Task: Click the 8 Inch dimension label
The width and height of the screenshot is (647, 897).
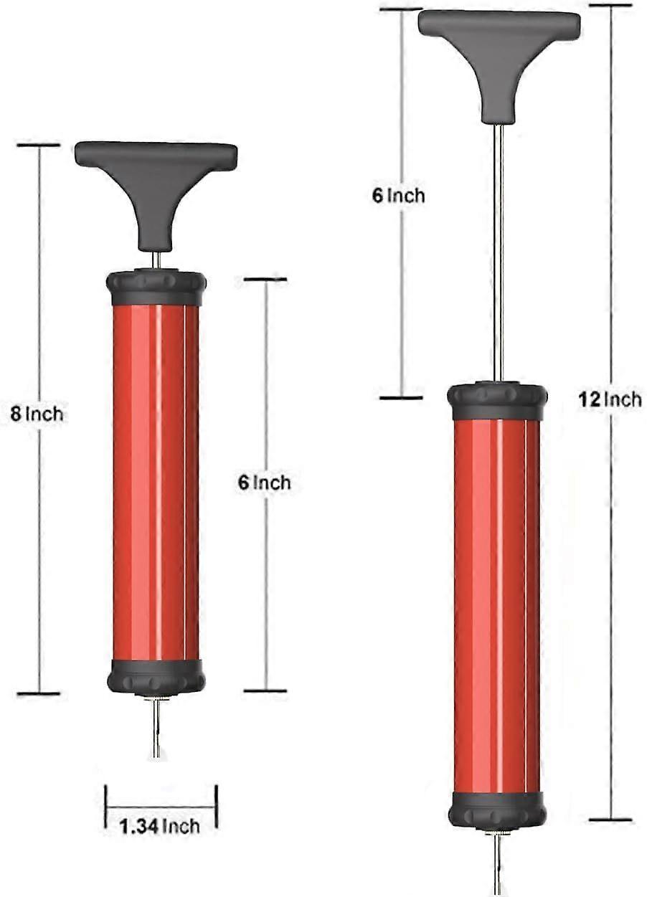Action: [37, 414]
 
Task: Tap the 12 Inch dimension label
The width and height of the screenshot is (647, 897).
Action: [610, 399]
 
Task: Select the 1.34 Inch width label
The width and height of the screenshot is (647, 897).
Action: [160, 826]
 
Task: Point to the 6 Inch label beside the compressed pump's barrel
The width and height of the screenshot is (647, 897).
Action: [265, 483]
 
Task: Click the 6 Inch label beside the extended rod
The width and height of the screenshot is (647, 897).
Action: [399, 195]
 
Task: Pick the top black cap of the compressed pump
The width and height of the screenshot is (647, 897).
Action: [156, 288]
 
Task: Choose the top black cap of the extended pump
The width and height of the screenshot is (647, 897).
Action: [497, 402]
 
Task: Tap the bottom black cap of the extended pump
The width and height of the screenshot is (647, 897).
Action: [497, 808]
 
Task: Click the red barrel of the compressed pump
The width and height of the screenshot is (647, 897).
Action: [156, 480]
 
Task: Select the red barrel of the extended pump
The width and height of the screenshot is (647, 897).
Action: [497, 602]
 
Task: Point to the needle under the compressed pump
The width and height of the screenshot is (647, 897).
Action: [156, 728]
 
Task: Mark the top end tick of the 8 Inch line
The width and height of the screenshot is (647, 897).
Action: [38, 146]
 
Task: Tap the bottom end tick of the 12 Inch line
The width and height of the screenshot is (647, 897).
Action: [610, 819]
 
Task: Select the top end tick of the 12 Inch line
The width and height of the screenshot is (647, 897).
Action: [610, 6]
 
